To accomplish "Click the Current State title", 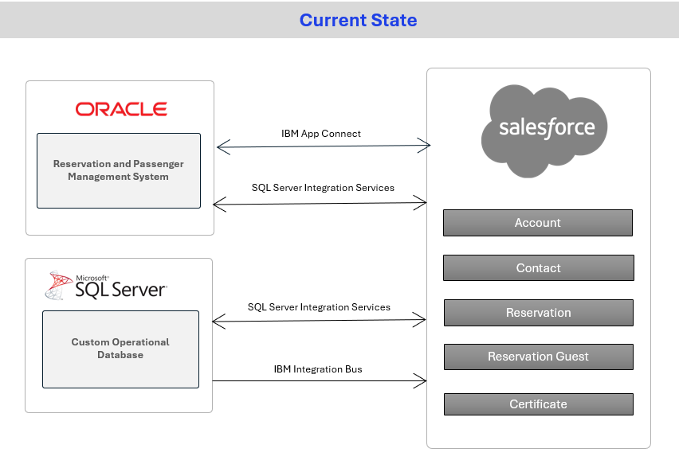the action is tap(358, 21).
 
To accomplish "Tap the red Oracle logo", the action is tap(121, 109).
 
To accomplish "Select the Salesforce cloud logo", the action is tap(544, 131).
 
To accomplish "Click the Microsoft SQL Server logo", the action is tap(106, 286).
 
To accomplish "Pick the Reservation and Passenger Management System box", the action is tap(119, 170).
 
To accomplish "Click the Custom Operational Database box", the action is tap(121, 349).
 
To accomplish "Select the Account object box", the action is tap(538, 223).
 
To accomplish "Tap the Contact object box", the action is tap(538, 267).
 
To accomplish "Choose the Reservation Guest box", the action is tap(538, 357).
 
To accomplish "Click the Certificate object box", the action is tap(538, 404).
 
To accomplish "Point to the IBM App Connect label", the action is tap(321, 134).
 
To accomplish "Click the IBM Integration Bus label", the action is tap(318, 369).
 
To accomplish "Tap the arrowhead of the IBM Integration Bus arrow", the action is tap(426, 380).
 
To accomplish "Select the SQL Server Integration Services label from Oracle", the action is tap(323, 188).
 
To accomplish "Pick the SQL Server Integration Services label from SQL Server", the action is tap(319, 307).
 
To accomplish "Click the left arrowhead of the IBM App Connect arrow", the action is tap(217, 147).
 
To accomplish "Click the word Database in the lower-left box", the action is tap(120, 355).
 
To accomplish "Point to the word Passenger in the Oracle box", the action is tap(159, 164).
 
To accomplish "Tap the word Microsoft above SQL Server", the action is tap(92, 278).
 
